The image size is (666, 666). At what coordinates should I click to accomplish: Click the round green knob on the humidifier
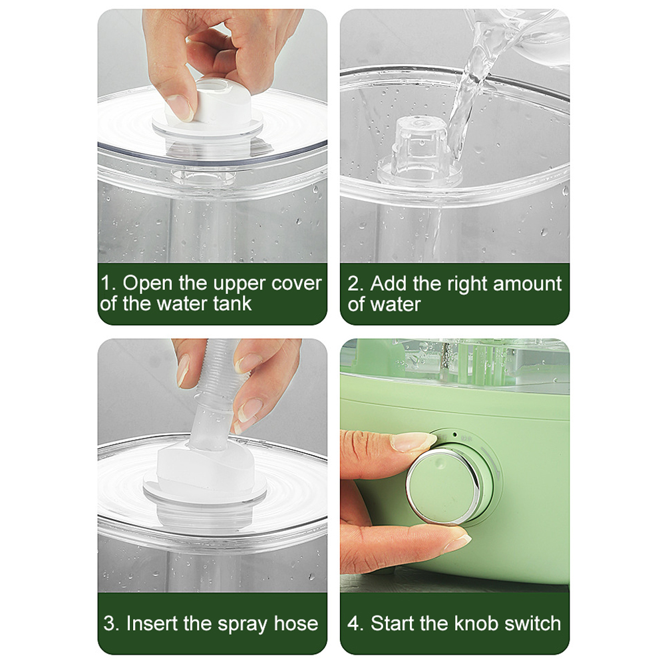pyautogui.click(x=443, y=485)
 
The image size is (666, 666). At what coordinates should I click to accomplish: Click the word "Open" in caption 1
pyautogui.click(x=148, y=283)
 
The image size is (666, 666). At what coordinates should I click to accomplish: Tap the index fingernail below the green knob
pyautogui.click(x=458, y=543)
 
